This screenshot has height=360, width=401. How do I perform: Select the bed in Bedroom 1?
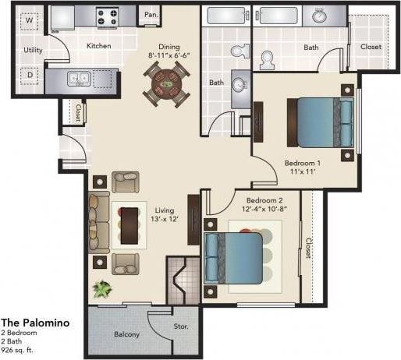tap(320, 118)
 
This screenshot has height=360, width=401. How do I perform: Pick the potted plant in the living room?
tap(101, 289)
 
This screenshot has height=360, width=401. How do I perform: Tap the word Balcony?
tap(126, 334)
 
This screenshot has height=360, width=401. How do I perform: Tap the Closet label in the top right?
tap(372, 46)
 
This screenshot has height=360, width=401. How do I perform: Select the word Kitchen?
tap(98, 46)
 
